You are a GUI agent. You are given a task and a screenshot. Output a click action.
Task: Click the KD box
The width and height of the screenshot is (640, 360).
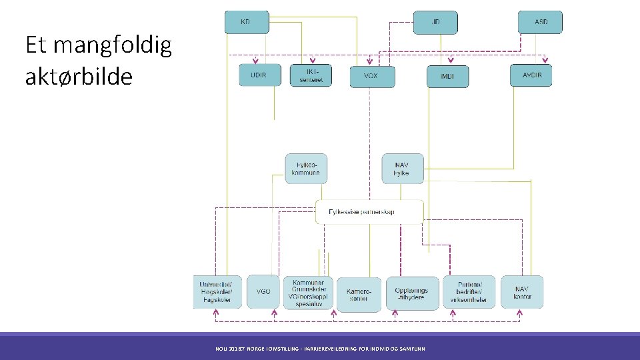tap(246, 22)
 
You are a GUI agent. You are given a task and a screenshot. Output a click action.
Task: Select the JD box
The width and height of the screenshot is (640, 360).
tap(435, 22)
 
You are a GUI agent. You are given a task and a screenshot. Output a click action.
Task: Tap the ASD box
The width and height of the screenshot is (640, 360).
tap(541, 22)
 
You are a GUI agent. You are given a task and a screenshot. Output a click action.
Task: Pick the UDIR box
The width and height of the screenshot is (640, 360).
tap(258, 75)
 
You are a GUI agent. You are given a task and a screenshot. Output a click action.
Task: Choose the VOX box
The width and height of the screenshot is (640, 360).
tap(372, 77)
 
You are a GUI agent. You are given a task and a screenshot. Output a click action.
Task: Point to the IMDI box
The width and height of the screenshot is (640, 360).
tap(447, 77)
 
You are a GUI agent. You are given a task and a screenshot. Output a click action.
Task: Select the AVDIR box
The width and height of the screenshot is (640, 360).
tap(531, 75)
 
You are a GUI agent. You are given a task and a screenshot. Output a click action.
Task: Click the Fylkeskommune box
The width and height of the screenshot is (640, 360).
tap(306, 169)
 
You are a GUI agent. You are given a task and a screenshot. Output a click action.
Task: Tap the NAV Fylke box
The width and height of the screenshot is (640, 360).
tap(402, 169)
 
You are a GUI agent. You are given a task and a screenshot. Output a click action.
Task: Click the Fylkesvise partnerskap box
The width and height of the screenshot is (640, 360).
tap(369, 212)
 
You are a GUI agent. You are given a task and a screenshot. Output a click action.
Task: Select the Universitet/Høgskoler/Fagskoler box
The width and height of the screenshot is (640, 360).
tap(217, 291)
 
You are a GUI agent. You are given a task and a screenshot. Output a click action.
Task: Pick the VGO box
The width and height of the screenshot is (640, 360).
tap(263, 291)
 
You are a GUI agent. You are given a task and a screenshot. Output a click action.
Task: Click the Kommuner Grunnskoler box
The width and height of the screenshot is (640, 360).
tap(307, 292)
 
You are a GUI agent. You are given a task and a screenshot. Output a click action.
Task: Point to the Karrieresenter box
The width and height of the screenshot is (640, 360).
tap(359, 294)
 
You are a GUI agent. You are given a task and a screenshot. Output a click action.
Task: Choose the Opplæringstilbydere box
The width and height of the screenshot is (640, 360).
tap(412, 294)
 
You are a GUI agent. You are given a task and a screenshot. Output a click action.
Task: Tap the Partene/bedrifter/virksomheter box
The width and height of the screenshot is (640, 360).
tap(469, 292)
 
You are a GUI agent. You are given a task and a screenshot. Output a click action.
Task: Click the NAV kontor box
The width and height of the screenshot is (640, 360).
tap(522, 292)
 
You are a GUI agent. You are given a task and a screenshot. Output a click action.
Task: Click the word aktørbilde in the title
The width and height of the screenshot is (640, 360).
tap(79, 77)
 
